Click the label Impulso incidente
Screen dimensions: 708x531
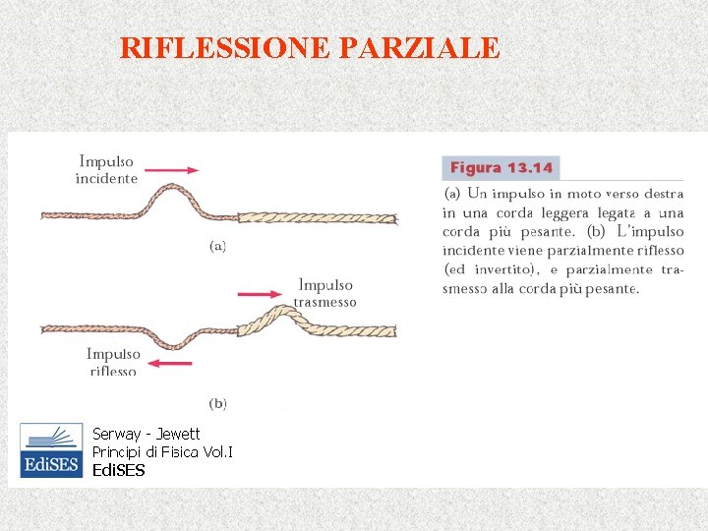[106, 169]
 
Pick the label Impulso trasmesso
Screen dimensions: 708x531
[325, 293]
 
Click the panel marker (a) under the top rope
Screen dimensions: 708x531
[217, 246]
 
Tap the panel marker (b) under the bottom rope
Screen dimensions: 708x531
[217, 402]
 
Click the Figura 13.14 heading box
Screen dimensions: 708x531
[501, 168]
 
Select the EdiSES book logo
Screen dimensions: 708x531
[51, 450]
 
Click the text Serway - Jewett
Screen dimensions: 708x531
[146, 434]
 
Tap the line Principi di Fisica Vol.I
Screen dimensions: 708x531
[162, 451]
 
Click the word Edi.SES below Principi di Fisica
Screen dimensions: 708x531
[118, 470]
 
